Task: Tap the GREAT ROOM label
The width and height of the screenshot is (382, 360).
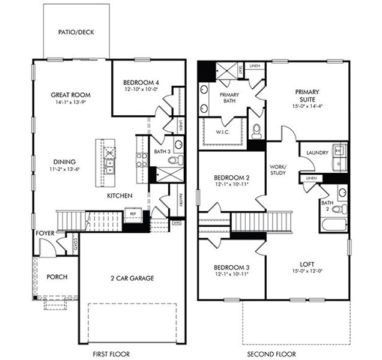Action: (70, 94)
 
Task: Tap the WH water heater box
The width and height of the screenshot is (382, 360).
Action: (177, 223)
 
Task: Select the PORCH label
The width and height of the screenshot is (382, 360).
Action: (56, 277)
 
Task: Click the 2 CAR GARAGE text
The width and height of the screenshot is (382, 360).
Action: (133, 278)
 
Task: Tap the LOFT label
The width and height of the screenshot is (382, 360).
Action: (306, 264)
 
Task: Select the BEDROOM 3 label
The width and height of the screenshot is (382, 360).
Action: (231, 266)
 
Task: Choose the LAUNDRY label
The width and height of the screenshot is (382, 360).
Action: (317, 153)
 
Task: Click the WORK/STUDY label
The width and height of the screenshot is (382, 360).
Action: (277, 169)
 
